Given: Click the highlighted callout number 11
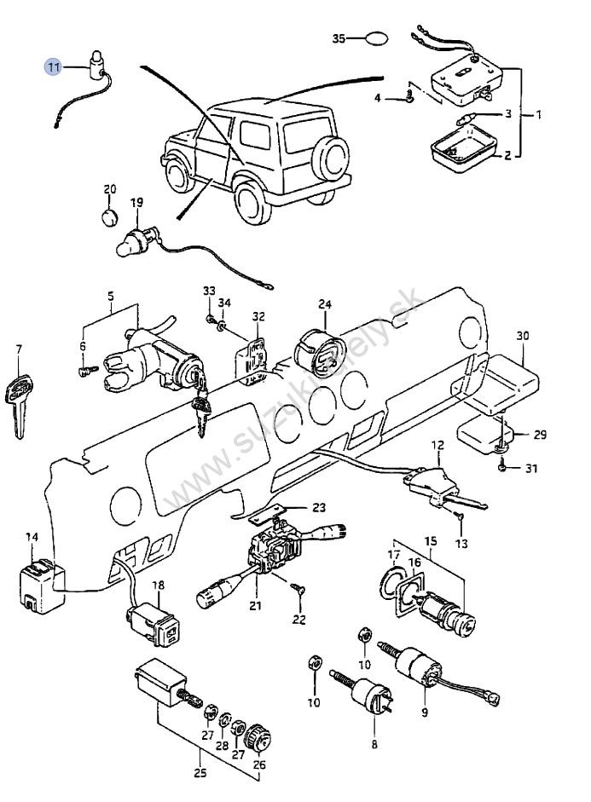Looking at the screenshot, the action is (54, 66).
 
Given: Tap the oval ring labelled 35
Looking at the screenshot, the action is (376, 38).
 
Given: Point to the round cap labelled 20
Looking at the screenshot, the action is (109, 216).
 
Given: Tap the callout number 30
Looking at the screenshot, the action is (523, 336).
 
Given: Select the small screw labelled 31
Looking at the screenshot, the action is (502, 466).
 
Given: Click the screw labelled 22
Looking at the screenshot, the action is (298, 589).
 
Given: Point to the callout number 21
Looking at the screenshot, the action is (255, 606).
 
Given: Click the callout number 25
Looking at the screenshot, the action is (200, 772).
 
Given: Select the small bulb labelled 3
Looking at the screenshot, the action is (466, 121).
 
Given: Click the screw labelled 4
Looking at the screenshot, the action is (409, 95).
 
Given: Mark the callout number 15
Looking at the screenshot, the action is (431, 540).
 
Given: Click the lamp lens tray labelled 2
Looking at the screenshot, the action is (463, 148).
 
